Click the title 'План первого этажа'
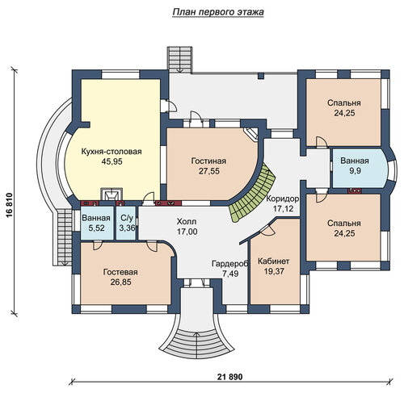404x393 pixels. pyautogui.click(x=217, y=12)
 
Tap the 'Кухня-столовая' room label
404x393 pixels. pyautogui.click(x=112, y=152)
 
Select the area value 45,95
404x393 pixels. pyautogui.click(x=112, y=161)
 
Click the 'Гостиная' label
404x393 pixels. pyautogui.click(x=208, y=161)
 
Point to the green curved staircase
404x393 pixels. pyautogui.click(x=253, y=194)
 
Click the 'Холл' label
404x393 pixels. pyautogui.click(x=187, y=222)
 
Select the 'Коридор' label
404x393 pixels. pyautogui.click(x=283, y=199)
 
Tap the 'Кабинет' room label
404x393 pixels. pyautogui.click(x=274, y=261)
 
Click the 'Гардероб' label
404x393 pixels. pyautogui.click(x=230, y=264)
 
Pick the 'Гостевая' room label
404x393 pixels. pyautogui.click(x=120, y=272)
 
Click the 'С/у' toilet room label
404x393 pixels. pyautogui.click(x=127, y=218)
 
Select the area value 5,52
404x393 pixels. pyautogui.click(x=96, y=228)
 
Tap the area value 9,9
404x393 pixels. pyautogui.click(x=355, y=171)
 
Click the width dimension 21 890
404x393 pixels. pyautogui.click(x=229, y=377)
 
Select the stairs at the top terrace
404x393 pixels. pyautogui.click(x=180, y=60)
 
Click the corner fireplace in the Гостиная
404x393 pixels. pyautogui.click(x=250, y=134)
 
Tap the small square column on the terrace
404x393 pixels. pyautogui.click(x=261, y=76)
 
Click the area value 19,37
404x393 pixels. pyautogui.click(x=274, y=271)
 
